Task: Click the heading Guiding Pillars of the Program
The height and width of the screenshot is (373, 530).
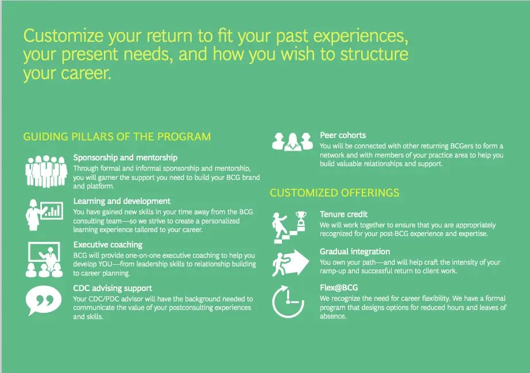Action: tap(117, 137)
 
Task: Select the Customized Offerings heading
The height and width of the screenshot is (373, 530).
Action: tap(334, 193)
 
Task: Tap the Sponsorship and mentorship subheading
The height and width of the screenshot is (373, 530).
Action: tap(125, 158)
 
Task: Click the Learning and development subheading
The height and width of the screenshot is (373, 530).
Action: tap(122, 201)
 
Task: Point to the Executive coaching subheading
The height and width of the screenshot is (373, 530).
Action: tap(108, 245)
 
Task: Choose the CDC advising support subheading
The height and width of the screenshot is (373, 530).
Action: tap(113, 288)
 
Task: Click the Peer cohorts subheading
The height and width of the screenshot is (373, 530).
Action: tap(343, 135)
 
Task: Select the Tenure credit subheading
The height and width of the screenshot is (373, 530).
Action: tap(343, 214)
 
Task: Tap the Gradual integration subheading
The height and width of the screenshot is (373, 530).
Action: tap(355, 252)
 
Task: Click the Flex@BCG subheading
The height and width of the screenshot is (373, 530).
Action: tap(339, 288)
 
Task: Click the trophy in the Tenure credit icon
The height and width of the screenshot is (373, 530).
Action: tap(300, 218)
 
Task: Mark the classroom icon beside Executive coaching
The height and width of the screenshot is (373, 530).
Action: tap(45, 257)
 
